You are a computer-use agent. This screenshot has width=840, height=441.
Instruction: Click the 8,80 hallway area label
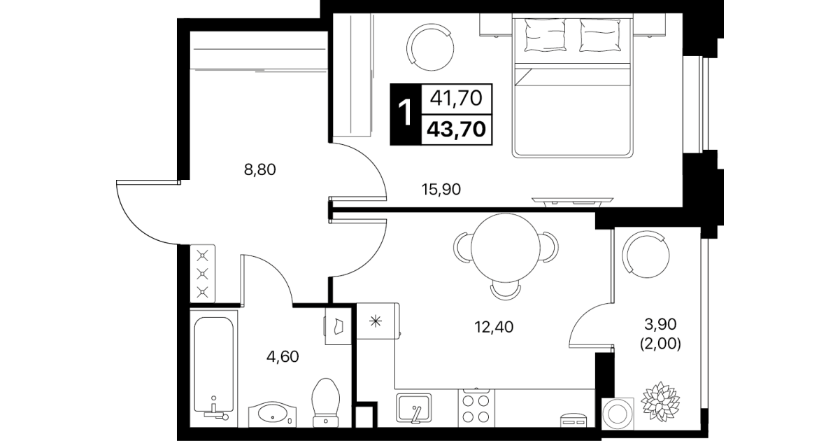260,170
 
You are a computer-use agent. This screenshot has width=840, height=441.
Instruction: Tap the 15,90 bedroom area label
441,190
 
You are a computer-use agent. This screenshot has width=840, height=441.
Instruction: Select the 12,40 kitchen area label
494,328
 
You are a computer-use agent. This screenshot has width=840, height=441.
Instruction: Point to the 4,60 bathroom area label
283,356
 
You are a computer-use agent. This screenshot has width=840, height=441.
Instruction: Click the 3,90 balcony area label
661,324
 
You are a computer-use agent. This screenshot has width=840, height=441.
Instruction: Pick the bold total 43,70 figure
457,129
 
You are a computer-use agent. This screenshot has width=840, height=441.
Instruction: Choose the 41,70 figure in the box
456,99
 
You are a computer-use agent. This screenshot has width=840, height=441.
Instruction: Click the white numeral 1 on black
405,113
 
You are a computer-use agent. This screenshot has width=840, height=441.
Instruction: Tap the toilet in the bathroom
325,402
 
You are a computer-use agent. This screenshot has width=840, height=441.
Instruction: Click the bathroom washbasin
272,414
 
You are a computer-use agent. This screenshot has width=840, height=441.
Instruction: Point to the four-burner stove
476,408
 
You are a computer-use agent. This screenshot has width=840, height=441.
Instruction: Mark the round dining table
506,248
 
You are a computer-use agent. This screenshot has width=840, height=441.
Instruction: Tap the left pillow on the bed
546,35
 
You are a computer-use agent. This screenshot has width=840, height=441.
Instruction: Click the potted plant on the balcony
660,402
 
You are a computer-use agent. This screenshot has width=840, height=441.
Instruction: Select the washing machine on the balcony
618,414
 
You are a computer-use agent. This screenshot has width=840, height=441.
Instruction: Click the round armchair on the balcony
646,255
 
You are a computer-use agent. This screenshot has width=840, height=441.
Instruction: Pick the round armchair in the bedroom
429,48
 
